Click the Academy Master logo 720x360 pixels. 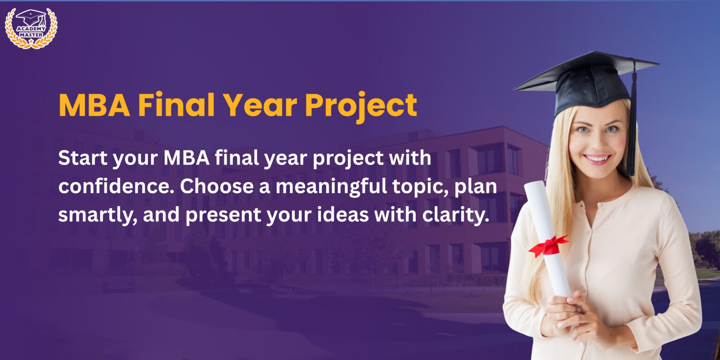coord(31,28)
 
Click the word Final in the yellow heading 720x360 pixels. coord(176,105)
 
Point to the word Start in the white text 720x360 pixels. coord(82,158)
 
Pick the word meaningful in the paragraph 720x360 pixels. coord(331,187)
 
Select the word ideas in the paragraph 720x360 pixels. coord(343,215)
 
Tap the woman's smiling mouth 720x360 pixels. coord(597,159)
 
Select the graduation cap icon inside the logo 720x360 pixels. coord(31,18)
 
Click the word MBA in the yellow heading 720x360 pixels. coord(95,105)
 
